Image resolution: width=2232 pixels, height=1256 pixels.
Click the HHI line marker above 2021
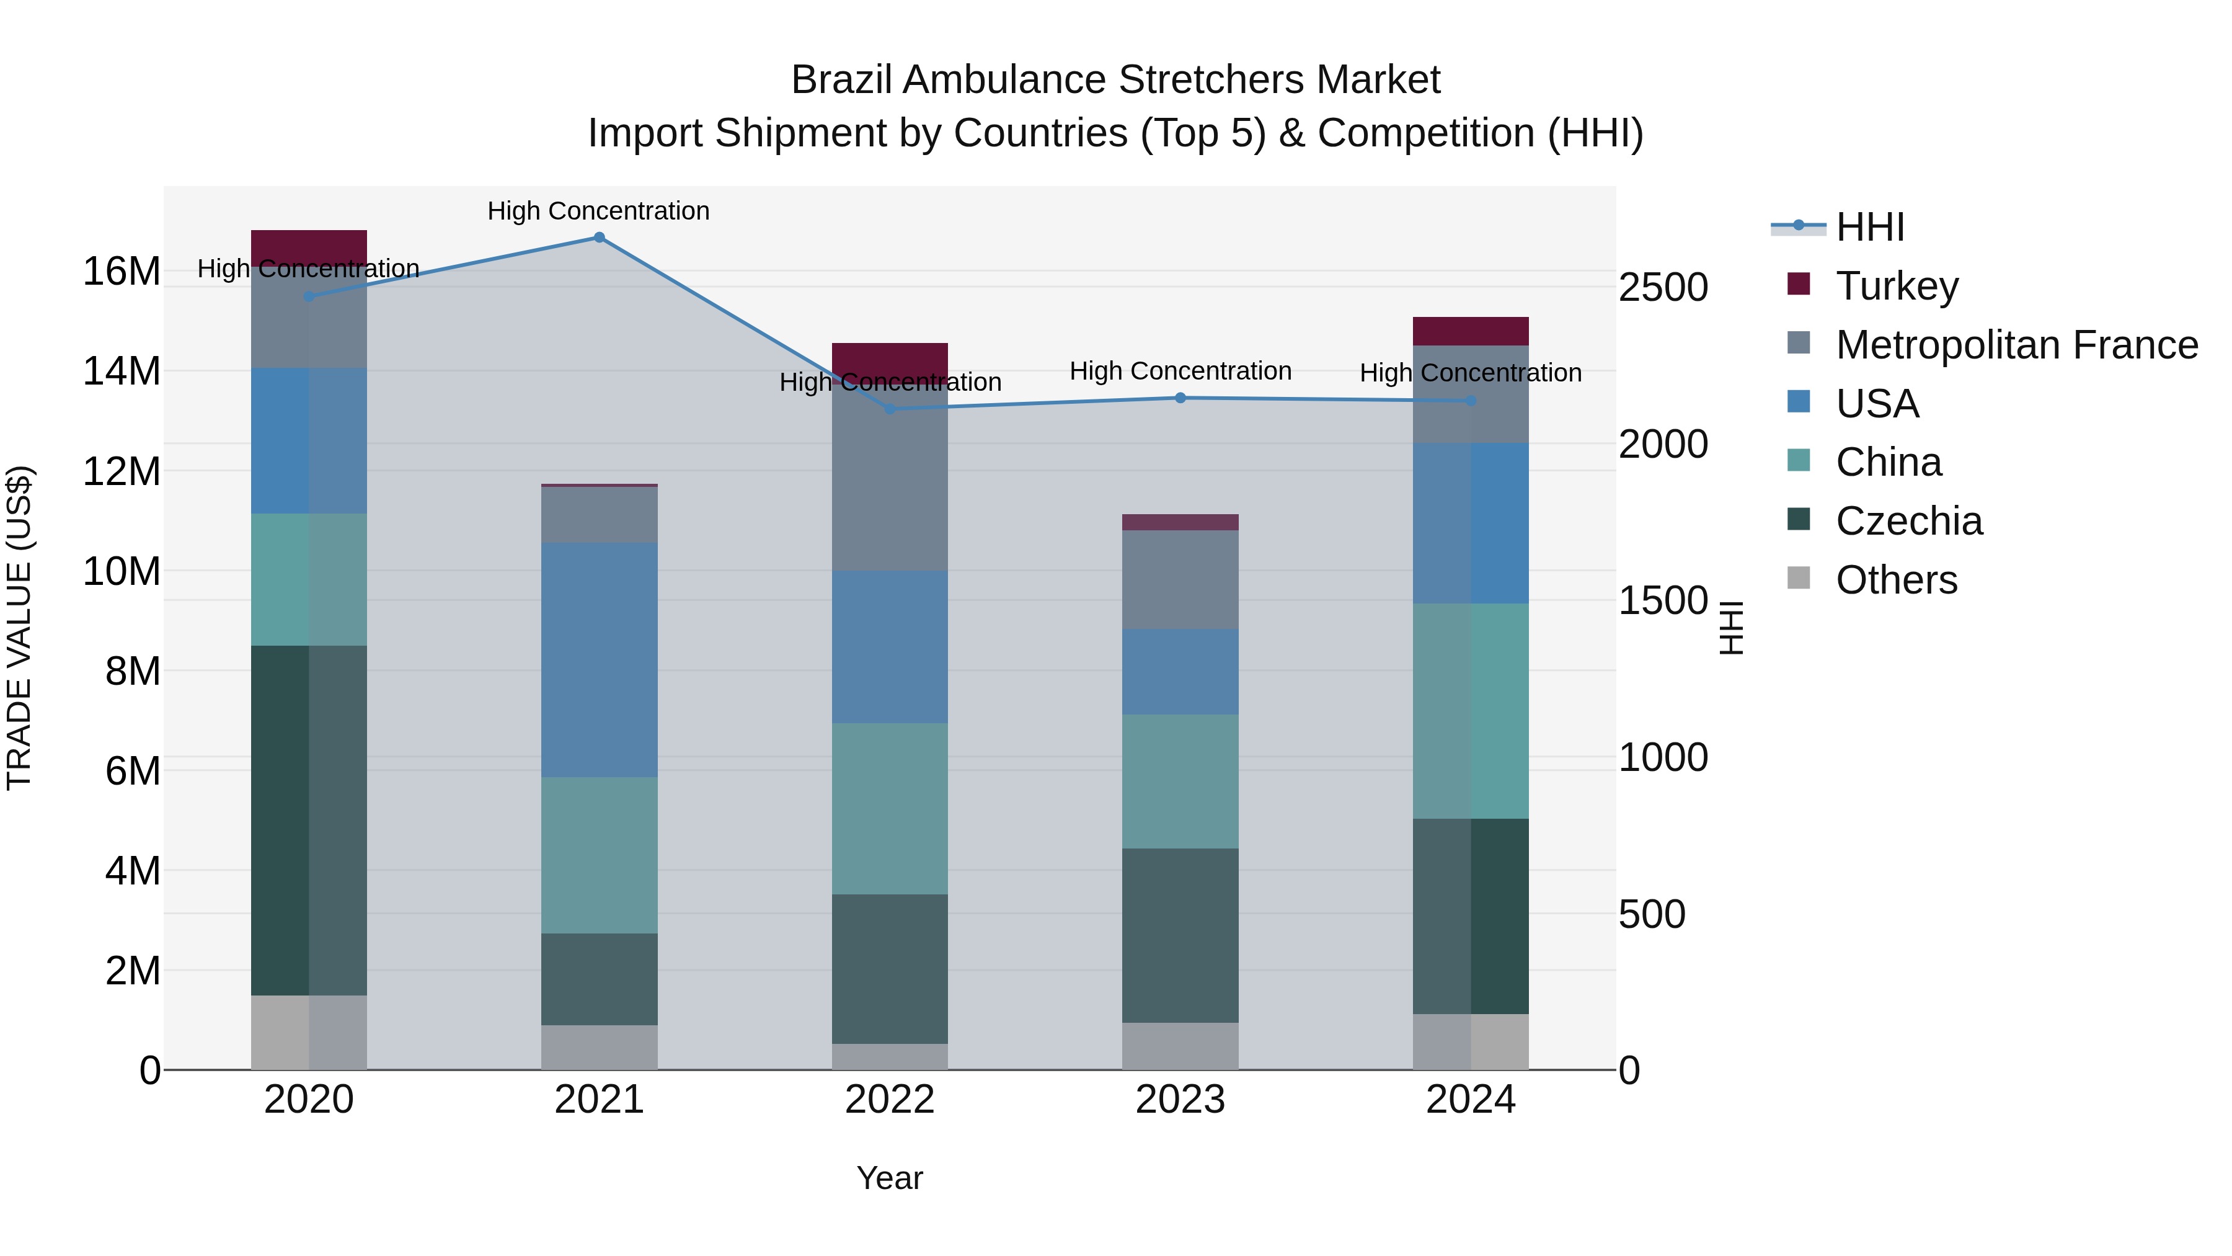(599, 238)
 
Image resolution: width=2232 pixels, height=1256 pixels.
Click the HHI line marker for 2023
(1180, 398)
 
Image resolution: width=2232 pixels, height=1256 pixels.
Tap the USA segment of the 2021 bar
(599, 660)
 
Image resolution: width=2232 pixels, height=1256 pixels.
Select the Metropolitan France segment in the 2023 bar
(1180, 579)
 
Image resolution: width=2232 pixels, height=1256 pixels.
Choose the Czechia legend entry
(1909, 521)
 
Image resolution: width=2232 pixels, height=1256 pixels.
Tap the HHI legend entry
(1870, 227)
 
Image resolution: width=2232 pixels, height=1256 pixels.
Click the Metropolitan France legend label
(2016, 345)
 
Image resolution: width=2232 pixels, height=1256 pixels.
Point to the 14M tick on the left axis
(122, 371)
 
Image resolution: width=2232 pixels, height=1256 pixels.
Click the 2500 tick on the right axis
(1663, 288)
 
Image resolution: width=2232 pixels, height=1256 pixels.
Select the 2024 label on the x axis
(1471, 1100)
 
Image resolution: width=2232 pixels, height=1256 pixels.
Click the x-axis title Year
(890, 1178)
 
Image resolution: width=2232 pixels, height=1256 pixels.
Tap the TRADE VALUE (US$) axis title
(19, 628)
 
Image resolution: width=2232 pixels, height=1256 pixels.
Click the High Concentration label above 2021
(599, 211)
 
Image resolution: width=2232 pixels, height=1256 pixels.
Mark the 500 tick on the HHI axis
(1652, 914)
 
